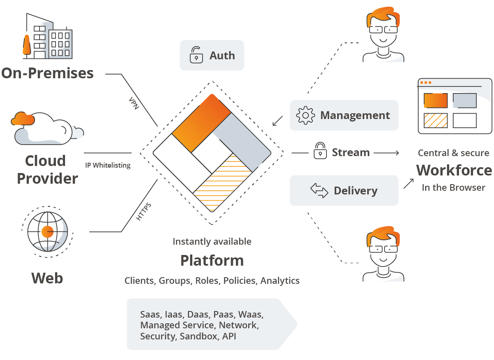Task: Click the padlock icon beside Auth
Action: click(196, 55)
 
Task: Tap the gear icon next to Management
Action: click(305, 115)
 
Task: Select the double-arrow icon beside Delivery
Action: click(319, 191)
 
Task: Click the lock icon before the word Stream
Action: click(320, 151)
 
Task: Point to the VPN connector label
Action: click(134, 103)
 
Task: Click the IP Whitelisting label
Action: click(108, 165)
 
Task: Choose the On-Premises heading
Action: click(47, 73)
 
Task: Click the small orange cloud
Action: click(23, 119)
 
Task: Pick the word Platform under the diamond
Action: click(212, 260)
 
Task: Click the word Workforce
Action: click(454, 170)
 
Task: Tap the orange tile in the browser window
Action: click(436, 101)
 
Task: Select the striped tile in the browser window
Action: click(436, 121)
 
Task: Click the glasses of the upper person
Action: click(383, 29)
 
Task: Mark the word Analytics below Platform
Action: click(280, 281)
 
